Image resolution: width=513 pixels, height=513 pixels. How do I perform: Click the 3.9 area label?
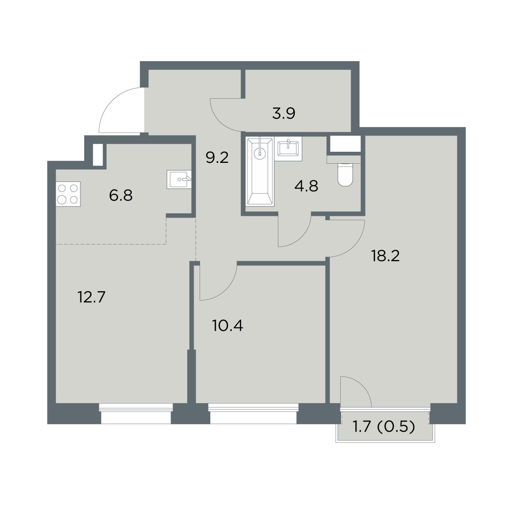pos(283,114)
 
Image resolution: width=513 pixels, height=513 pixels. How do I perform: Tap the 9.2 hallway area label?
pos(217,158)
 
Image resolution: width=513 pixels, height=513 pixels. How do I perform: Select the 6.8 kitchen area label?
pos(121,195)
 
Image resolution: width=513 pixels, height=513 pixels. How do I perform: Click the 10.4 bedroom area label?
pos(227,326)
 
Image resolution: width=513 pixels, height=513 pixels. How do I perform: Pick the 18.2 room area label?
pos(386,256)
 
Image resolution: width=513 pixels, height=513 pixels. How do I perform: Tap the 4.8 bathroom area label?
pos(306,186)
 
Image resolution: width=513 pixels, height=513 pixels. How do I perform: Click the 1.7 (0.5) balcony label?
pos(383,427)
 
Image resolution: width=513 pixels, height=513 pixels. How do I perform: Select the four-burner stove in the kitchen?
pos(68,194)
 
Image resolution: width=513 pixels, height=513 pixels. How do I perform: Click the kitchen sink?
pos(179,180)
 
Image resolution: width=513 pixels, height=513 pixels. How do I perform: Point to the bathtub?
pos(260,172)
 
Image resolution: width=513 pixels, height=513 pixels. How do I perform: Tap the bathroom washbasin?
pos(288,148)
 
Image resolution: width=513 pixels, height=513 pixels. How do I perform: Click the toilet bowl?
pos(345,174)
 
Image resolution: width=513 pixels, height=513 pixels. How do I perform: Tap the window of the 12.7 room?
pos(136,414)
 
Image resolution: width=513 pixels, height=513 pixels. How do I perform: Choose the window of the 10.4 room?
pos(253,414)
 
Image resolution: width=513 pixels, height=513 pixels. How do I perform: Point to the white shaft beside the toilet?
pos(345,144)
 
